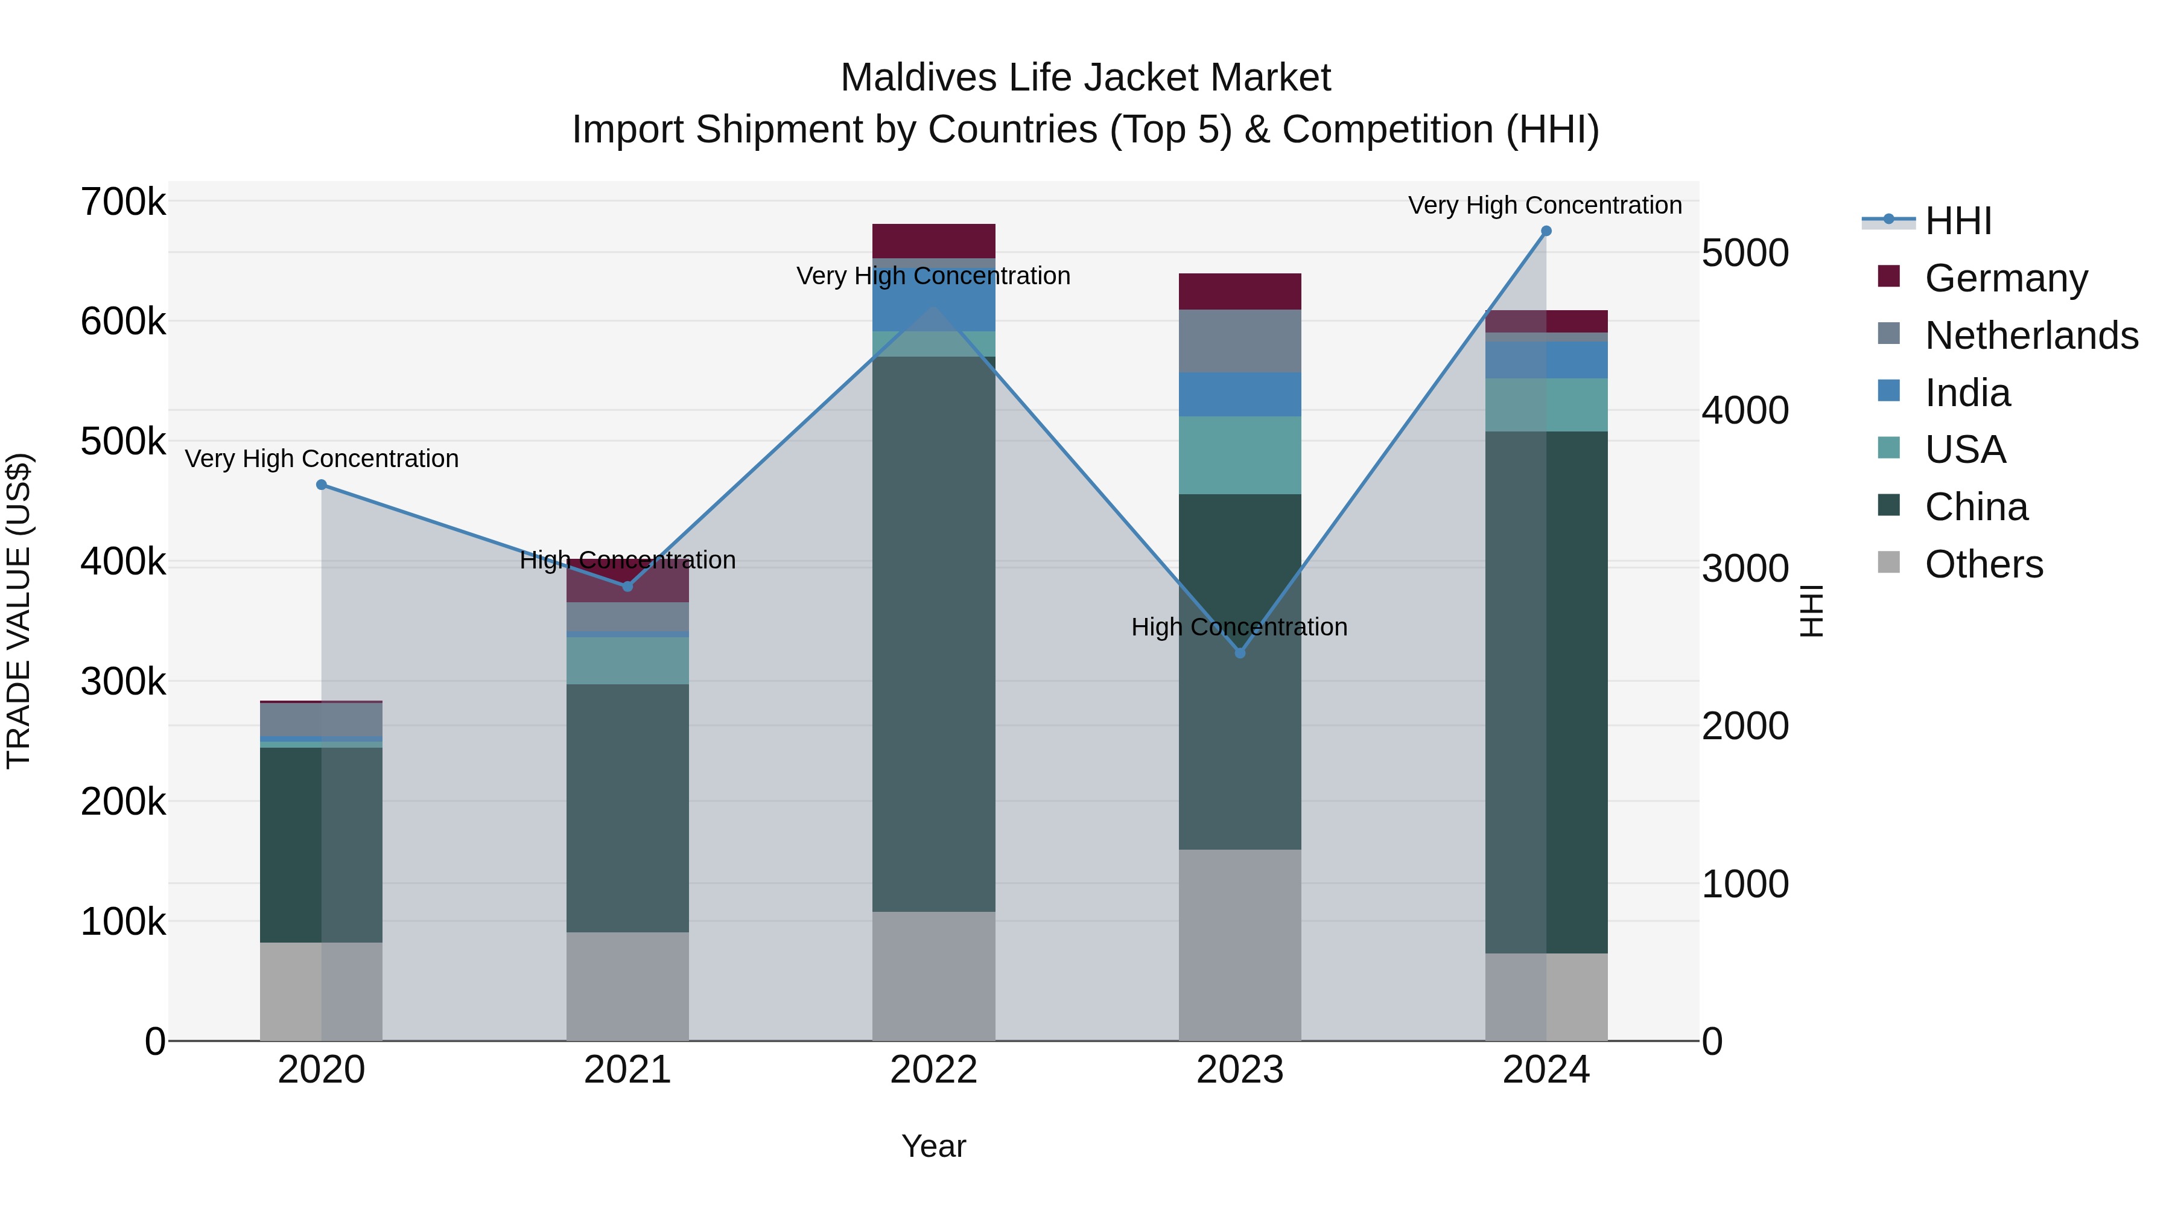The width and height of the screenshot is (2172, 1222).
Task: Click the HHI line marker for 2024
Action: pos(1546,231)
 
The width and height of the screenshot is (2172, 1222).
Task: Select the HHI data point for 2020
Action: pos(321,485)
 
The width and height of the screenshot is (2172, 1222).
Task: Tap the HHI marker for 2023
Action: pos(1239,653)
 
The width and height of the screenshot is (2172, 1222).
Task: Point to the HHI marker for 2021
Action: pos(627,586)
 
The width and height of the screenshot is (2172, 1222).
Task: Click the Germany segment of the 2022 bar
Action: pos(933,241)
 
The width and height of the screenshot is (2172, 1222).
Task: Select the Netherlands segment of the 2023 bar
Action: pos(1239,341)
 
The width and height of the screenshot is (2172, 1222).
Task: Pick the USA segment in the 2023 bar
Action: pos(1239,456)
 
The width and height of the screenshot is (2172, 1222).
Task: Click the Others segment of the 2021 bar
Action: pos(627,986)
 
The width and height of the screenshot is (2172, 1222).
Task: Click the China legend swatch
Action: pos(1888,506)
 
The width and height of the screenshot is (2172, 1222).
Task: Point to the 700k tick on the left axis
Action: pos(123,202)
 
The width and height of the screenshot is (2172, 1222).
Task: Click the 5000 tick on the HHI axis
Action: pos(1744,253)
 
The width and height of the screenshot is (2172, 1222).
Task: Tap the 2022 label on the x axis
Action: pos(933,1070)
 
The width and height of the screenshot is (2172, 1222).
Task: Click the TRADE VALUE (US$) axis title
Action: pos(19,611)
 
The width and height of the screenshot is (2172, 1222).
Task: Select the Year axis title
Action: pos(933,1146)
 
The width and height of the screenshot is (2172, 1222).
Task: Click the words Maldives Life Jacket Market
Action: pos(1085,78)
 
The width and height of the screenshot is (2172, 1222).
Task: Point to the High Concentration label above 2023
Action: pos(1239,628)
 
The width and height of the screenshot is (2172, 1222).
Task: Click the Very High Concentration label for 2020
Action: pos(321,459)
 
